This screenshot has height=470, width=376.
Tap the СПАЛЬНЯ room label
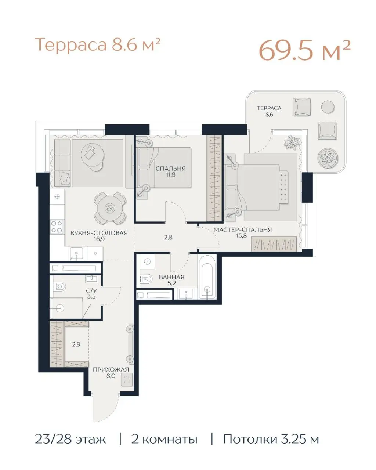(x=171, y=169)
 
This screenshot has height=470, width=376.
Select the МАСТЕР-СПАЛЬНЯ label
(x=242, y=230)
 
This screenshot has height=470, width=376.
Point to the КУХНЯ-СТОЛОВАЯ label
(x=99, y=233)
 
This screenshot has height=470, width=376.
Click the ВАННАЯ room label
(x=172, y=277)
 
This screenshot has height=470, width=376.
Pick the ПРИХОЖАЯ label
(x=111, y=369)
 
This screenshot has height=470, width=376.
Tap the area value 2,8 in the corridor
(x=168, y=238)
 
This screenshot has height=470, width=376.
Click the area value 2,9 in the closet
(x=76, y=344)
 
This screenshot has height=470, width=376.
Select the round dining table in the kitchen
(x=110, y=208)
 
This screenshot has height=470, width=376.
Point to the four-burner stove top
(x=57, y=227)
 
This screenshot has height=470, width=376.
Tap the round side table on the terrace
(x=328, y=107)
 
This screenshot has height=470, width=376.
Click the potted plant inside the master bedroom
(x=292, y=142)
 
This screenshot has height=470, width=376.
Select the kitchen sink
(x=76, y=254)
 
